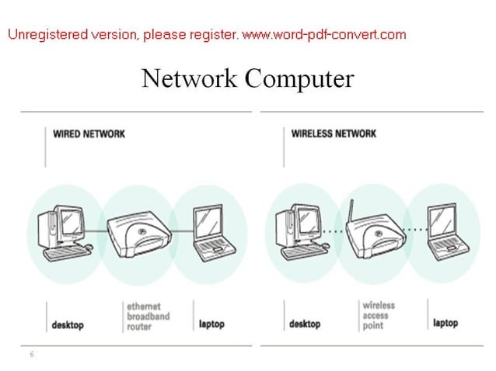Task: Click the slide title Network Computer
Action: pyautogui.click(x=247, y=78)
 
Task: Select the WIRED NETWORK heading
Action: pyautogui.click(x=89, y=133)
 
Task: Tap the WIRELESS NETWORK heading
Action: pyautogui.click(x=334, y=133)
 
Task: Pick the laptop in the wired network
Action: pyautogui.click(x=211, y=231)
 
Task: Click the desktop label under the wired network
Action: pyautogui.click(x=68, y=324)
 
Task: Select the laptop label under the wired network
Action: pyautogui.click(x=211, y=323)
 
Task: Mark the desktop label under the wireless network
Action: pyautogui.click(x=304, y=324)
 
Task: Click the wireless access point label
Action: pyautogui.click(x=379, y=315)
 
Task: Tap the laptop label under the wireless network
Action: pyautogui.click(x=445, y=323)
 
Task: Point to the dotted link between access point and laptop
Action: pyautogui.click(x=416, y=230)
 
